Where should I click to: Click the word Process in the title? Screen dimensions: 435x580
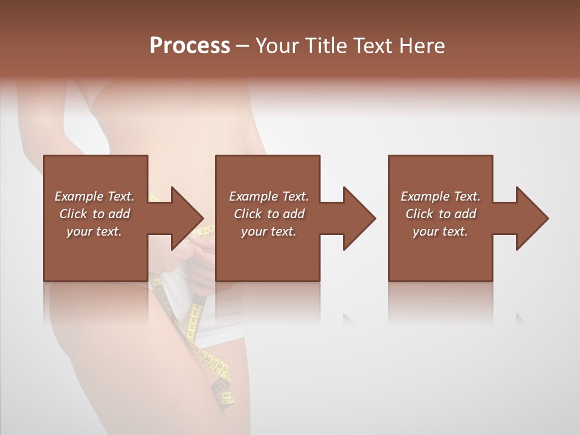tap(190, 46)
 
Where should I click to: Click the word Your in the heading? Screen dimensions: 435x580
tap(279, 46)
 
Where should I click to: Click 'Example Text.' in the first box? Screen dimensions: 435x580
tap(94, 196)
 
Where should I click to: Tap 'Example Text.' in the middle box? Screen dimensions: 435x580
tap(269, 196)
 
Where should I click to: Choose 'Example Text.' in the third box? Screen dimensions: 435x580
tap(440, 196)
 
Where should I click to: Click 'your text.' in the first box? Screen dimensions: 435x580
tap(94, 231)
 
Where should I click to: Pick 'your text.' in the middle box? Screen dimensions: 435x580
tap(269, 231)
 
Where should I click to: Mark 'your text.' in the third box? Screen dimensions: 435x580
tap(440, 231)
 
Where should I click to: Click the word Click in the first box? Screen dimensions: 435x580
tap(73, 214)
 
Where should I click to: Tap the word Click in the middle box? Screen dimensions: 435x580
tap(248, 214)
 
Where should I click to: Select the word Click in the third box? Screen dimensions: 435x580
tap(419, 214)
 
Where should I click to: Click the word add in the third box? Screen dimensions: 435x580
tap(466, 214)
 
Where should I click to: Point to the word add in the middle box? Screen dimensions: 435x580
tap(294, 214)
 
